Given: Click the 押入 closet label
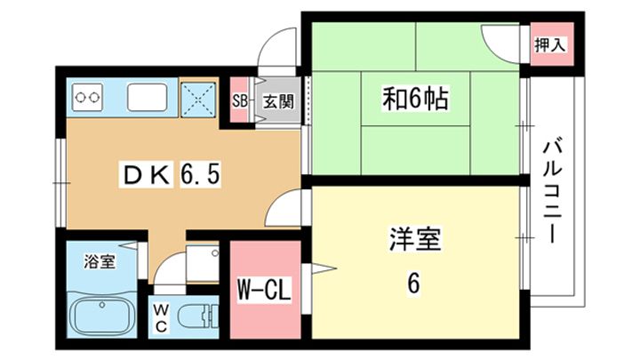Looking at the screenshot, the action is pos(549,44).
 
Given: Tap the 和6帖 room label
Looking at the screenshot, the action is pos(415,99).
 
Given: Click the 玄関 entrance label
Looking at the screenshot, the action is pos(278,101).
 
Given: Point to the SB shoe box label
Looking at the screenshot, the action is pos(240,100).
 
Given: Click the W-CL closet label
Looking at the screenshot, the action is pos(265,290).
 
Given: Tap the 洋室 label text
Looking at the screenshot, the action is pos(414,239).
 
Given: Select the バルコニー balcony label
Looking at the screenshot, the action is pos(552,192).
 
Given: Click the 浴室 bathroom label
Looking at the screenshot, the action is pos(100,261).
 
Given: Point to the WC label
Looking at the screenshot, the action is pos(162,318).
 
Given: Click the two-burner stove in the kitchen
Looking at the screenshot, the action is pos(87,97).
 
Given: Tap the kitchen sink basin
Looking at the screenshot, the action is pos(148,97).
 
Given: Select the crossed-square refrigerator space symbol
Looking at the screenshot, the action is pos(198,100).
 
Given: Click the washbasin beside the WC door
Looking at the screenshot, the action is pos(203,263).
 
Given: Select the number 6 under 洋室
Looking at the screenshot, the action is pos(413,283).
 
